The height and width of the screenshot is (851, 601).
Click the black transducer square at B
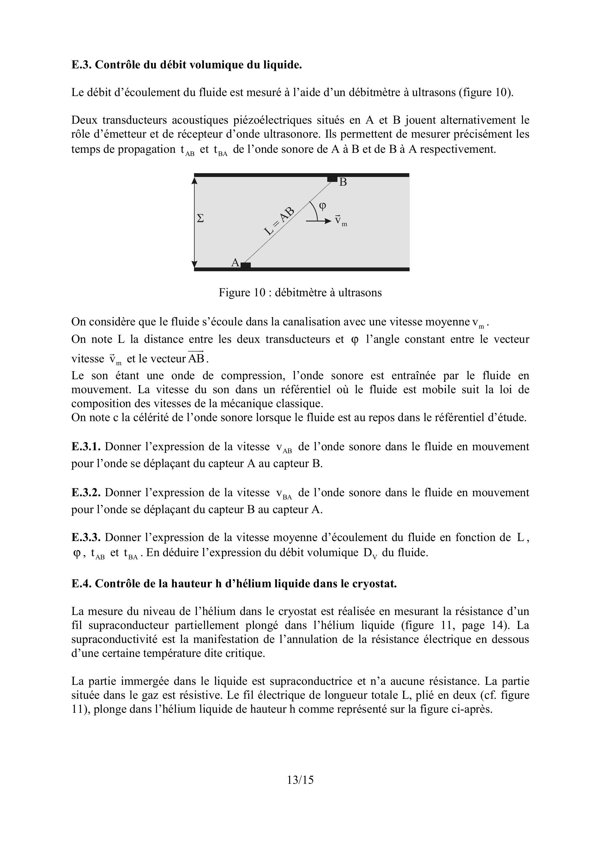coord(332,179)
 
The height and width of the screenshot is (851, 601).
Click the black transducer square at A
coord(246,265)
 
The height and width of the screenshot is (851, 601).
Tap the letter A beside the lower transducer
coord(235,263)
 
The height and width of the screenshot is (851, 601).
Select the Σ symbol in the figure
coord(200,218)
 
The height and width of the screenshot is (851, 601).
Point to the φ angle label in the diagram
coord(323,206)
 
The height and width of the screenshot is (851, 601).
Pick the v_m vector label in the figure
coord(340,221)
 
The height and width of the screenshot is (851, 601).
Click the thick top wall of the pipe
coord(302,175)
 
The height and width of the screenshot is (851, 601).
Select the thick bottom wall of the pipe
coord(302,270)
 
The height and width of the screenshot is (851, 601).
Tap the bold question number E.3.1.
coord(86,447)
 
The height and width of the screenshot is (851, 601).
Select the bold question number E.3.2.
coord(86,493)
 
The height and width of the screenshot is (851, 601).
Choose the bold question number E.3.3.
coord(86,538)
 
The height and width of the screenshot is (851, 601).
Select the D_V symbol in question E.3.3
coord(370,553)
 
